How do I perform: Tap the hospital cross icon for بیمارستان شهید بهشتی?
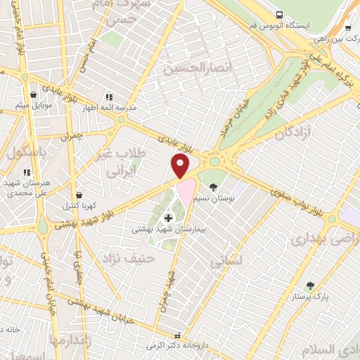pos(167,219)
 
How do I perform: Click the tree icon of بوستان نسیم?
pos(213,186)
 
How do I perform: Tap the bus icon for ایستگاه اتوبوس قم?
pos(279,14)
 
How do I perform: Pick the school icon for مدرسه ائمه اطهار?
pos(108,96)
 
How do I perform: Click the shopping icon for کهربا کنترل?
pos(79,195)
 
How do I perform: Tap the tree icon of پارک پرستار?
pos(310,285)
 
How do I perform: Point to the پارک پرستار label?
pos(310,297)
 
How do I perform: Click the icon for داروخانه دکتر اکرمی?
pos(177,335)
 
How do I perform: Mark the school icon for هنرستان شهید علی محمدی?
pos(27,172)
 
